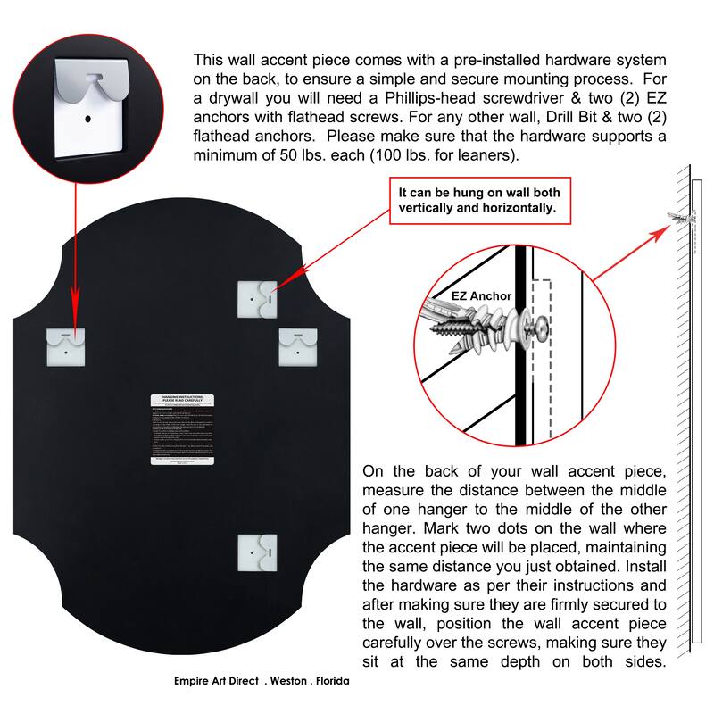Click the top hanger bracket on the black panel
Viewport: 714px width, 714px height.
(x=257, y=298)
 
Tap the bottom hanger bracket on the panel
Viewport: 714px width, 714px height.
(x=257, y=552)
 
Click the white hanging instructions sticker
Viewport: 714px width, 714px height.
(x=181, y=429)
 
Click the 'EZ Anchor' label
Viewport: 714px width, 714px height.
(x=456, y=295)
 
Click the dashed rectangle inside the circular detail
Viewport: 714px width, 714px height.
(x=541, y=357)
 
